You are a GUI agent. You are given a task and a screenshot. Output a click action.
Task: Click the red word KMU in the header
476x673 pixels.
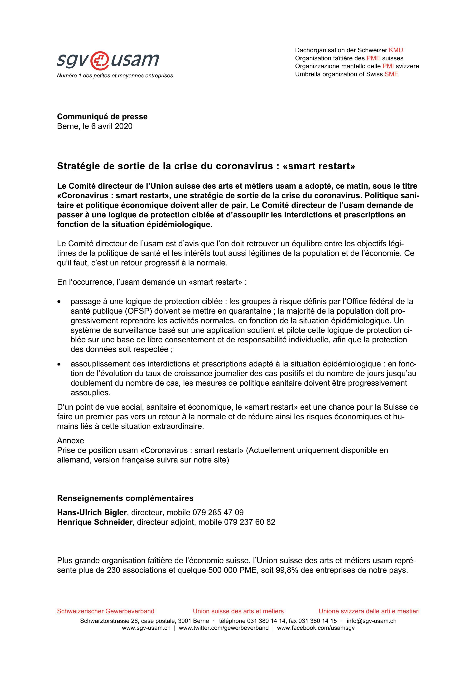pos(396,50)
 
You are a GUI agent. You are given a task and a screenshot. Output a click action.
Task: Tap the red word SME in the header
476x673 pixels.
pos(391,74)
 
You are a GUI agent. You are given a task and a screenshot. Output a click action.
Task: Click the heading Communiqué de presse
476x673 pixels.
pos(102,117)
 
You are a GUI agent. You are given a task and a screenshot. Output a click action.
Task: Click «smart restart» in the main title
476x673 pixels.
pos(319,166)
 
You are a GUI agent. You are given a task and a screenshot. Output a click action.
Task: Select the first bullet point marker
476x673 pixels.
pos(60,302)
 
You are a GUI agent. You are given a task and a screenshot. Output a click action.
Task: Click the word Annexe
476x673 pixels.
pos(71,441)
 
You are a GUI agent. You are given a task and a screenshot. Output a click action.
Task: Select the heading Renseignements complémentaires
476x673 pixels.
pos(125,498)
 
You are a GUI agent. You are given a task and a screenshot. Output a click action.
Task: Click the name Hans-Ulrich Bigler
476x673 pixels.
pos(92,512)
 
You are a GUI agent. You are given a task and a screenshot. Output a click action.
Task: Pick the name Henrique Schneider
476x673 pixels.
pos(95,522)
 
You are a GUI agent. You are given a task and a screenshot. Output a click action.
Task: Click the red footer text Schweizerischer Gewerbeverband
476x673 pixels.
pos(106,611)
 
